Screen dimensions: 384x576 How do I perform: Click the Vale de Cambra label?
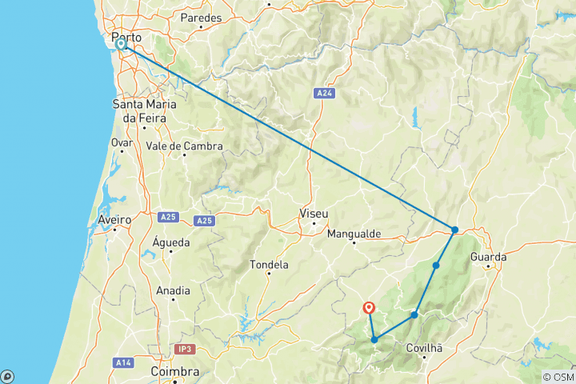pos(185,146)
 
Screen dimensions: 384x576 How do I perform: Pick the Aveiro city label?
pos(114,219)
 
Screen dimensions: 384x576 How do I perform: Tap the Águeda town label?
pos(170,242)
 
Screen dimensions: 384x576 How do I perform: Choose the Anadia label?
pos(174,290)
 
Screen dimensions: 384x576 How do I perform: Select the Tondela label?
pos(269,265)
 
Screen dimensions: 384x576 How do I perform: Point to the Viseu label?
pos(313,214)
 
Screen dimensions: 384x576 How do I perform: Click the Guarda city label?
pos(489,258)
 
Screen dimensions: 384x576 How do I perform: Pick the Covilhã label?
pos(425,348)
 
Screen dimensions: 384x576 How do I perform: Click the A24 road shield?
pos(324,94)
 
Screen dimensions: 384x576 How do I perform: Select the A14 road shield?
pos(123,362)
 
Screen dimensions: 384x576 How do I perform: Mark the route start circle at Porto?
pos(122,45)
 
